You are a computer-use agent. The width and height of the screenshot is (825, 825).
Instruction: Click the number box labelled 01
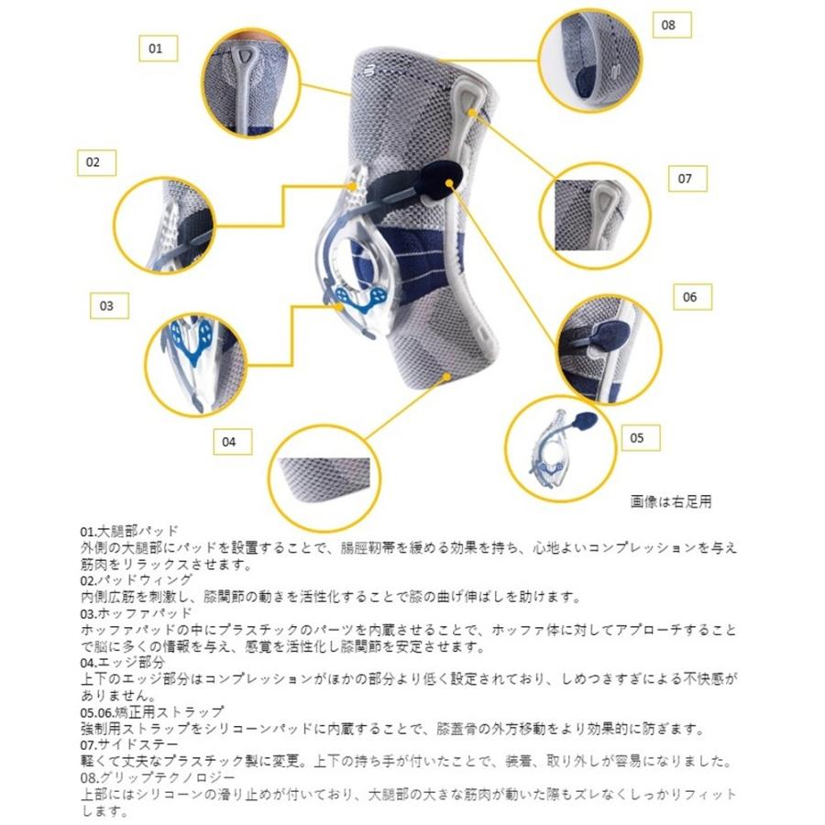[157, 48]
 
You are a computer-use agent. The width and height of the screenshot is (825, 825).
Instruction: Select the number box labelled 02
[95, 163]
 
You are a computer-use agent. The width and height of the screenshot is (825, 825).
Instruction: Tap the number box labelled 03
[108, 305]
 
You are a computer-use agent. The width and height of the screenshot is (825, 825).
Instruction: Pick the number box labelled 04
[231, 442]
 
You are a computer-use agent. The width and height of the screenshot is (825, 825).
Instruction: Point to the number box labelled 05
[638, 438]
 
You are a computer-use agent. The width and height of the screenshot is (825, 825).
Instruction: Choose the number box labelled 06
[691, 297]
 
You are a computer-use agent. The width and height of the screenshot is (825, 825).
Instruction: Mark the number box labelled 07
[686, 179]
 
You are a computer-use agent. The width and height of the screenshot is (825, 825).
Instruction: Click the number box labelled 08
[669, 25]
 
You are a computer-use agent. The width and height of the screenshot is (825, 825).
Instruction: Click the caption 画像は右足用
[671, 501]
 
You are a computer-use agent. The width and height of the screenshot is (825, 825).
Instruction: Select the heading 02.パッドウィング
[137, 581]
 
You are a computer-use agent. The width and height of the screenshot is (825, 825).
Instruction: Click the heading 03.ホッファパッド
[137, 613]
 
